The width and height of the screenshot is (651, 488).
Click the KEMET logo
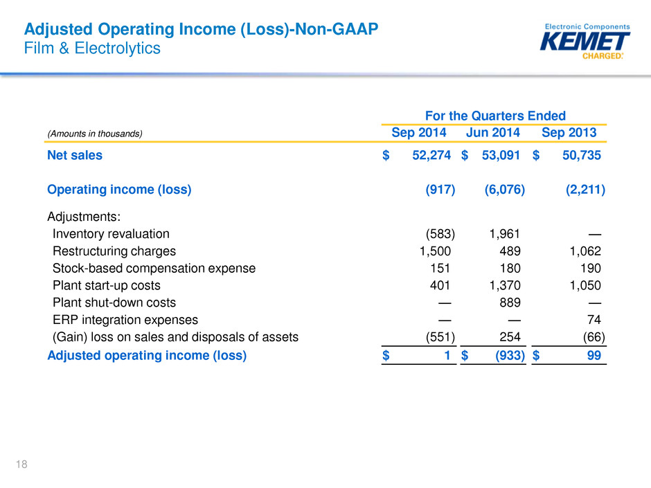click(x=585, y=42)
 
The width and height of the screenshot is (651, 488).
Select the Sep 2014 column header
click(x=418, y=132)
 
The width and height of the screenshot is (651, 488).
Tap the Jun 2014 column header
click(x=492, y=132)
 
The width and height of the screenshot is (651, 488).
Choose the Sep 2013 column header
click(x=569, y=132)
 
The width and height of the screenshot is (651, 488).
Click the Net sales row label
click(x=75, y=155)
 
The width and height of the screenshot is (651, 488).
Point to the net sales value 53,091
click(x=501, y=155)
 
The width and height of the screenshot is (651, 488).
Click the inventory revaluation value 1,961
click(x=504, y=234)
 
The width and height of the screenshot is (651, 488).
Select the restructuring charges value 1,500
click(x=435, y=251)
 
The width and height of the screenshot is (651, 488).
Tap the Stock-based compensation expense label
click(x=154, y=269)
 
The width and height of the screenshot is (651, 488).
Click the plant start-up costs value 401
click(x=440, y=285)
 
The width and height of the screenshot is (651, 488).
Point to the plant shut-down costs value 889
click(x=510, y=302)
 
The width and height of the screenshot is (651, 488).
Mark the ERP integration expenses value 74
click(x=594, y=320)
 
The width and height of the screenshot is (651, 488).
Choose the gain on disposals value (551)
click(x=440, y=337)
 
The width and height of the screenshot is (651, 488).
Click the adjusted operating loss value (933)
click(x=510, y=356)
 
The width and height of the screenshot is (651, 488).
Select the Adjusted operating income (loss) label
click(x=147, y=356)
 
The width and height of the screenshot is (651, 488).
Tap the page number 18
click(x=21, y=464)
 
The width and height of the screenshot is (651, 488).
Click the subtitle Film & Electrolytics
click(x=92, y=48)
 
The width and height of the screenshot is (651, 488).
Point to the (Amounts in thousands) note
click(x=95, y=134)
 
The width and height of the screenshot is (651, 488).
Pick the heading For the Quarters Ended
click(x=495, y=116)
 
